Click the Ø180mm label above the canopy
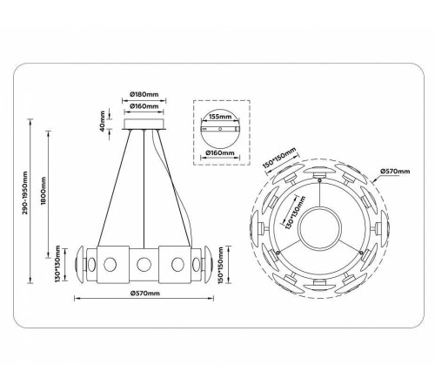[144, 94]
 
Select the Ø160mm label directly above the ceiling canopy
[144, 107]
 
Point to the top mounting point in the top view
[320, 177]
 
